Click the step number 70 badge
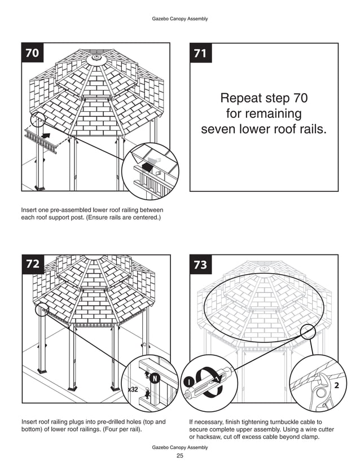(33, 53)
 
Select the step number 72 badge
(33, 264)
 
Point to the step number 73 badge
(200, 265)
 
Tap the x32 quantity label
(133, 389)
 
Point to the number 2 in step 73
(336, 385)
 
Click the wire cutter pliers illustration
(322, 391)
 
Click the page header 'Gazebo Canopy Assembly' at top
(180, 19)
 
